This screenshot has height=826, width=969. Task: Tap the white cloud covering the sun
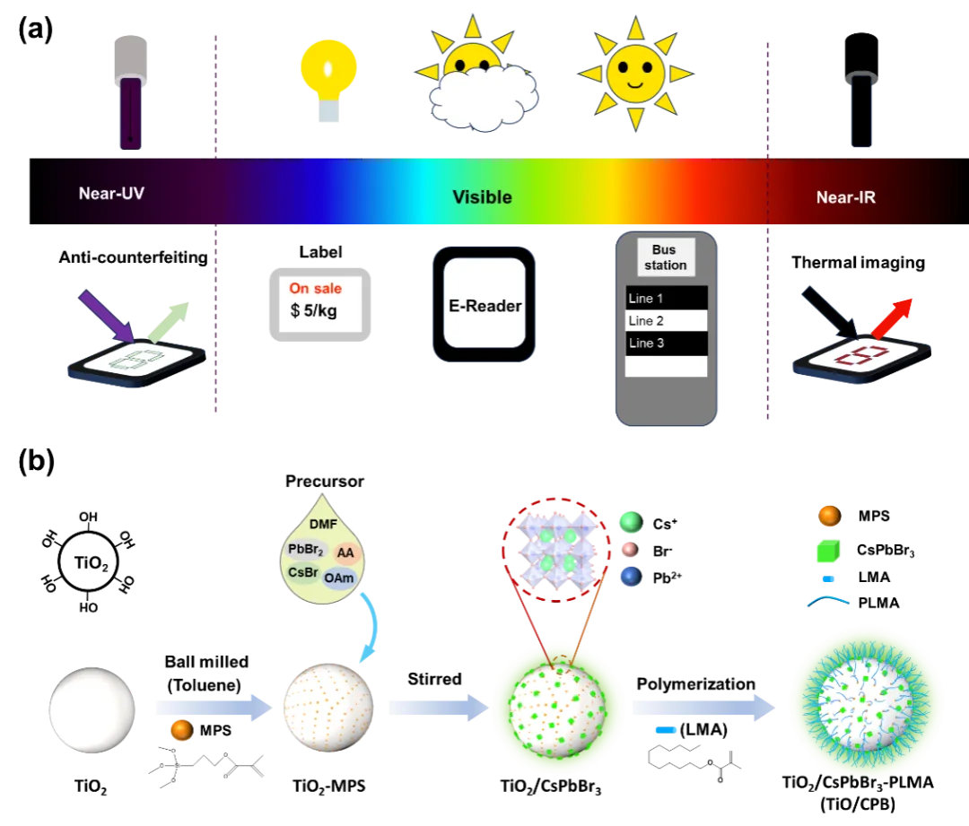coord(484,95)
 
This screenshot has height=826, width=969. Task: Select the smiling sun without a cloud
coord(634,72)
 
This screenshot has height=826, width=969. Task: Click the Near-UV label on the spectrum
coord(111,193)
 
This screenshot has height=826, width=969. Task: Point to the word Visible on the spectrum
coord(482,197)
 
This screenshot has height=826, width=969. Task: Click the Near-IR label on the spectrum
coord(845,197)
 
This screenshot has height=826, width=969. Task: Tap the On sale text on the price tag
coord(314,289)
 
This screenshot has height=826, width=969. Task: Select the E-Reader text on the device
coord(484,306)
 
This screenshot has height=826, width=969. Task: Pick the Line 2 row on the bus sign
coord(666,320)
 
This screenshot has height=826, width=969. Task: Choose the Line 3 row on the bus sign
coord(666,343)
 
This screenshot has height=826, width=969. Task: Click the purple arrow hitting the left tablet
coord(107,315)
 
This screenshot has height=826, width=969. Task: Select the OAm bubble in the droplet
coord(339,578)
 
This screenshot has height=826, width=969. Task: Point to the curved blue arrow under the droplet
coord(370,628)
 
